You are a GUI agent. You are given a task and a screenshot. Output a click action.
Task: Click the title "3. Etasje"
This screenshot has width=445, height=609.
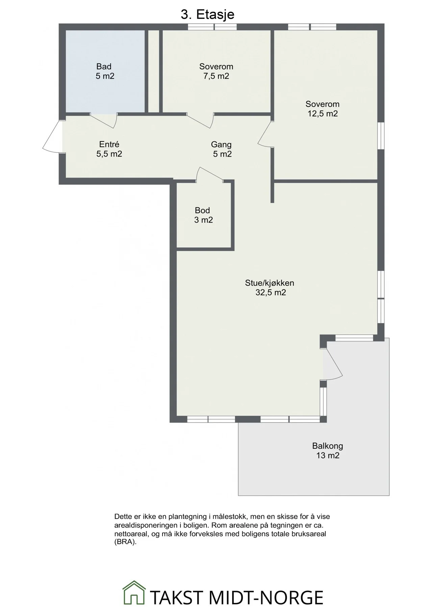[x=207, y=15]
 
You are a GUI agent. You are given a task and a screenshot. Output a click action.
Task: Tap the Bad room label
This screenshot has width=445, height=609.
[x=104, y=66]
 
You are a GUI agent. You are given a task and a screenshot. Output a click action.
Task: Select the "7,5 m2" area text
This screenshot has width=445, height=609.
[x=216, y=76]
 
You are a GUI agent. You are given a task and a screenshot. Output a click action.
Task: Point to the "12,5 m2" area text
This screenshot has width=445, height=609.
[x=322, y=114]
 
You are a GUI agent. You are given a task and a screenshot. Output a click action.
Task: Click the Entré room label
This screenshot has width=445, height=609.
[x=109, y=144]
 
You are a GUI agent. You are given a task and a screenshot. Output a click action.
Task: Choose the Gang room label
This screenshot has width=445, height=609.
[x=221, y=145]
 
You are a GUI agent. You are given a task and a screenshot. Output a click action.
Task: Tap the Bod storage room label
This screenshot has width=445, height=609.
[x=202, y=210]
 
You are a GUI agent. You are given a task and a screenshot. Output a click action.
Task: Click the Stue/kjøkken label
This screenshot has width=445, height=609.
[x=270, y=283]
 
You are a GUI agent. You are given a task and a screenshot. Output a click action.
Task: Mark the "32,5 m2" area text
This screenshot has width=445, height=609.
[x=271, y=293]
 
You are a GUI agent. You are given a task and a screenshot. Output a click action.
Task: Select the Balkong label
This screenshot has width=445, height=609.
[x=327, y=446]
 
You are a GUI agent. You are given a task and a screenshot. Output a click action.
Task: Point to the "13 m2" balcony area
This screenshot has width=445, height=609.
[x=327, y=455]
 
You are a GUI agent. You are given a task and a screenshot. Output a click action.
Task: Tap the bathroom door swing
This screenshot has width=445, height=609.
[x=103, y=120]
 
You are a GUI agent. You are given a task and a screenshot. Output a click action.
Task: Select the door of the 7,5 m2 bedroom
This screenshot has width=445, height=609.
[x=200, y=121]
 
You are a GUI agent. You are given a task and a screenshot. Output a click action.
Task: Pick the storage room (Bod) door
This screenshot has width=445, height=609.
[x=210, y=175]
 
